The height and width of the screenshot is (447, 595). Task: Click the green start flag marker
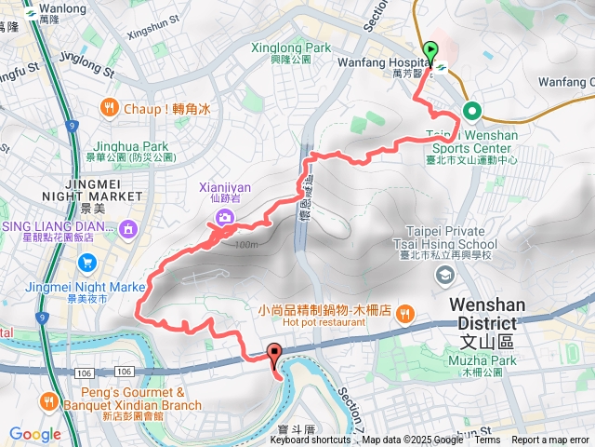pos(430,50)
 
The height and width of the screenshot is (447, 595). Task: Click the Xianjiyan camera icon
pos(225,217)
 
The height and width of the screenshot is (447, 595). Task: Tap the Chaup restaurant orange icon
pos(110,108)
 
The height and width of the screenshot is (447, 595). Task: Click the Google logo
pos(34,433)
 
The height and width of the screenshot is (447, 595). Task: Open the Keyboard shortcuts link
pos(311,440)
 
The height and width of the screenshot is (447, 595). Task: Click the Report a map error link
pos(551,440)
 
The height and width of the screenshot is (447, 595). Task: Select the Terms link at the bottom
pos(487,440)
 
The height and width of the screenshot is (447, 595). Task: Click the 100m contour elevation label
pos(245,244)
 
